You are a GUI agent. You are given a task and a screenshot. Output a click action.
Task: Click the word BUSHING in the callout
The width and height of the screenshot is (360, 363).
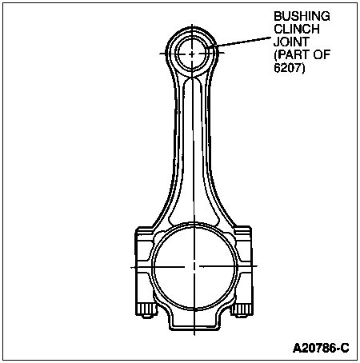(302, 17)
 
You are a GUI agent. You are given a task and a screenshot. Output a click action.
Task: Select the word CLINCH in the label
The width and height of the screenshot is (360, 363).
(297, 29)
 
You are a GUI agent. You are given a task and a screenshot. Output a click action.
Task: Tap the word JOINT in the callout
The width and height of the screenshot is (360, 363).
(291, 42)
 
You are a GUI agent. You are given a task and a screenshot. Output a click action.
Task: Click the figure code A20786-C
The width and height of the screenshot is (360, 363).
(321, 348)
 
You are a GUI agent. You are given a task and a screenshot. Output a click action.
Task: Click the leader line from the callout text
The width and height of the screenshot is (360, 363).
(241, 42)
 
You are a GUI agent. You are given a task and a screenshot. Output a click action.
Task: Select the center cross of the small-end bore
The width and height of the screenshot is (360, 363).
(192, 54)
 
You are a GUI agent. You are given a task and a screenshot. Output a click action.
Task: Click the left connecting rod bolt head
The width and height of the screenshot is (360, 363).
(146, 310)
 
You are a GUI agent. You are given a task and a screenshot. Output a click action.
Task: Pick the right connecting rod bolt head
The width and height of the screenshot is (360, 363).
(242, 310)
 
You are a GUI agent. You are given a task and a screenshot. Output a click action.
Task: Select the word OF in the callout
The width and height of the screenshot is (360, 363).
(322, 55)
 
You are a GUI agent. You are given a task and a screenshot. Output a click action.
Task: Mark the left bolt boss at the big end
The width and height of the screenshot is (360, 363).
(145, 265)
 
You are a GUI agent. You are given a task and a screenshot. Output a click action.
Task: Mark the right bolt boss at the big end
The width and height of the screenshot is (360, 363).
(243, 265)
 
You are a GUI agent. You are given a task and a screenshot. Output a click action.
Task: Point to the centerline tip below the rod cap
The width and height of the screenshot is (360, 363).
(194, 335)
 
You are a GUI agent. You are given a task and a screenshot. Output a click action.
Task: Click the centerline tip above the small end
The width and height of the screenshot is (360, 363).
(192, 24)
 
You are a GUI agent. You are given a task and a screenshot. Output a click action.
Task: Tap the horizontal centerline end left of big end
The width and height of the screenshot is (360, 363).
(131, 267)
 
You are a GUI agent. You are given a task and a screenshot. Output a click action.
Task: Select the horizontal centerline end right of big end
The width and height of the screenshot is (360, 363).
(258, 266)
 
